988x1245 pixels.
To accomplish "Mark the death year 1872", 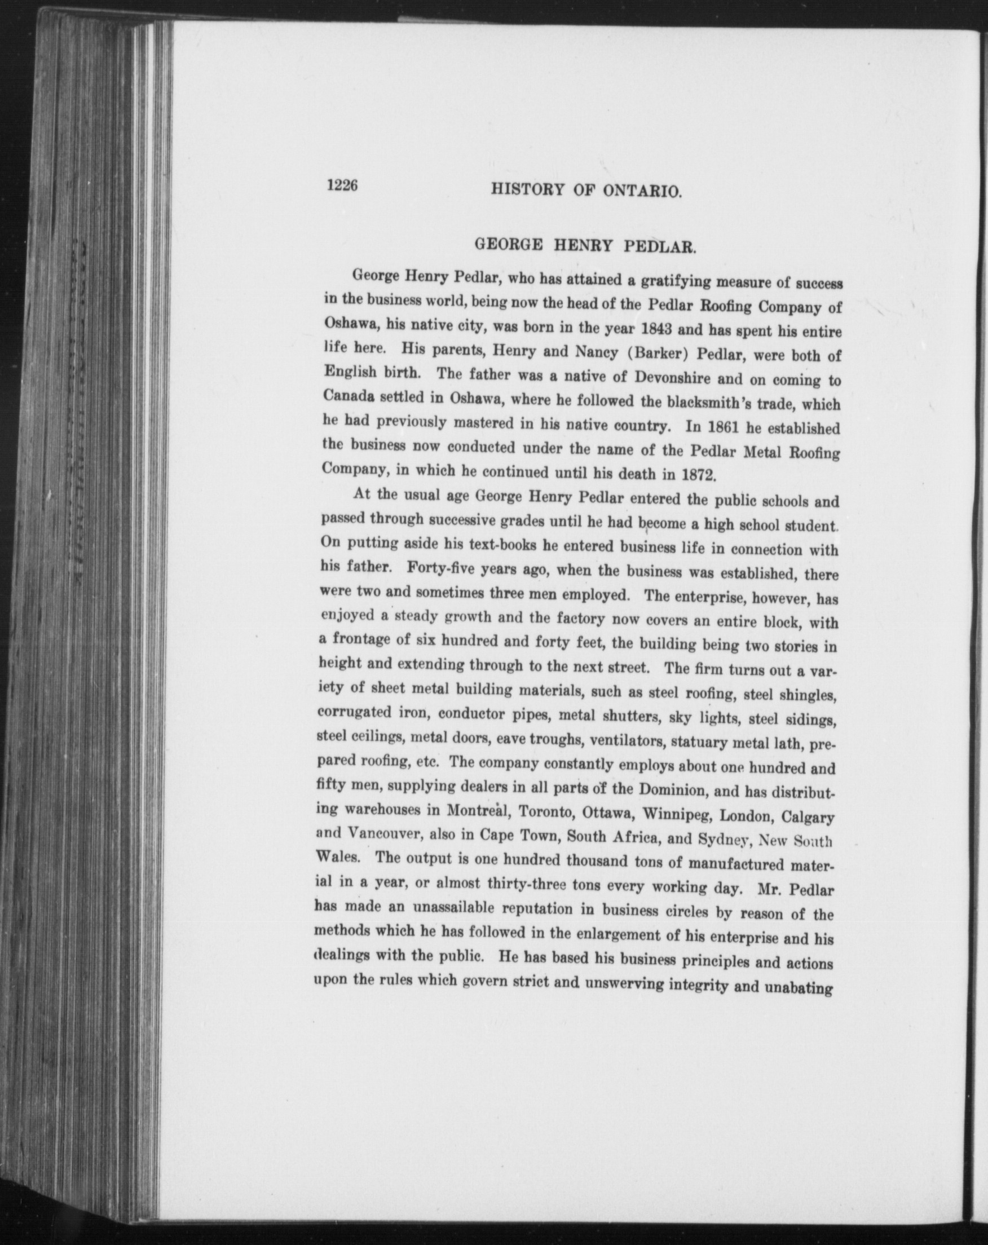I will [699, 475].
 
